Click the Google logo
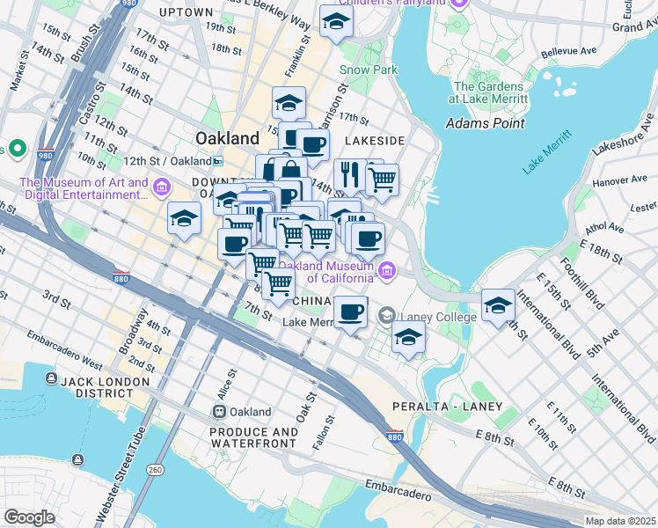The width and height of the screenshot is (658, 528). click(28, 517)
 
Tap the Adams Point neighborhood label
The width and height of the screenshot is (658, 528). click(486, 123)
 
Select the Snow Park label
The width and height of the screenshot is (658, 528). click(369, 70)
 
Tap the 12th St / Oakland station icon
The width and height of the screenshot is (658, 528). click(217, 161)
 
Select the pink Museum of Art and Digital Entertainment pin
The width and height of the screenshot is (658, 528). click(161, 187)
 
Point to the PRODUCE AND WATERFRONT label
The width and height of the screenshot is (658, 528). click(253, 437)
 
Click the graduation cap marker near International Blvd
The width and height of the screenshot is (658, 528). click(498, 304)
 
